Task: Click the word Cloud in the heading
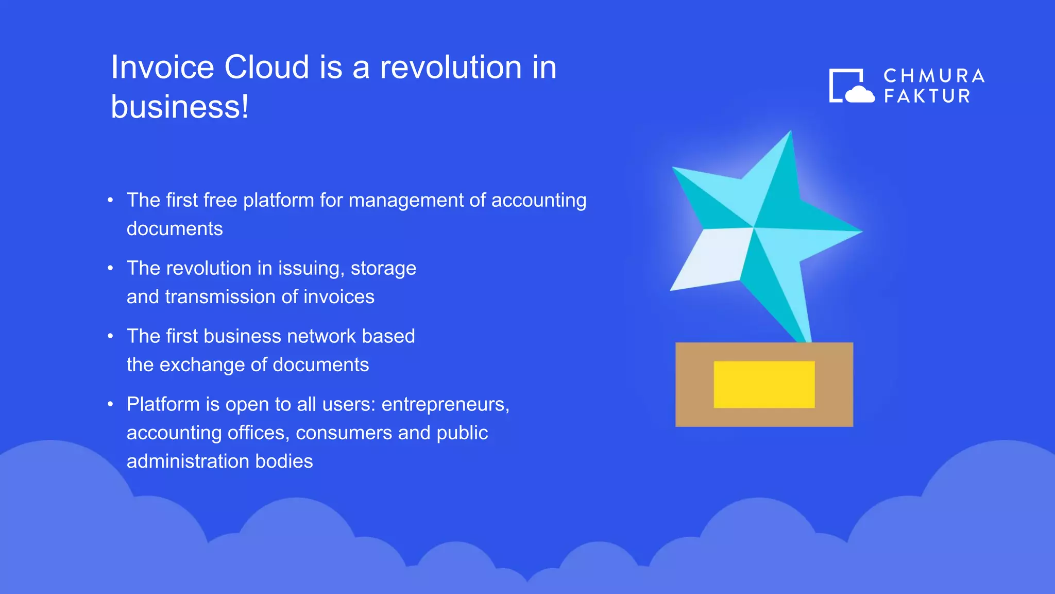click(266, 67)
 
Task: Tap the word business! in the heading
click(180, 107)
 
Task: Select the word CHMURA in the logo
click(934, 76)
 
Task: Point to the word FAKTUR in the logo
click(927, 96)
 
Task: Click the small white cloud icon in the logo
click(859, 95)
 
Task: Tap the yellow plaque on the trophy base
click(764, 385)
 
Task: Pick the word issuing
click(311, 268)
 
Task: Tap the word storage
click(383, 268)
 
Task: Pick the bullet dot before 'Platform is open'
click(110, 404)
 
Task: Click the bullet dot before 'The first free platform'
click(110, 200)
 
